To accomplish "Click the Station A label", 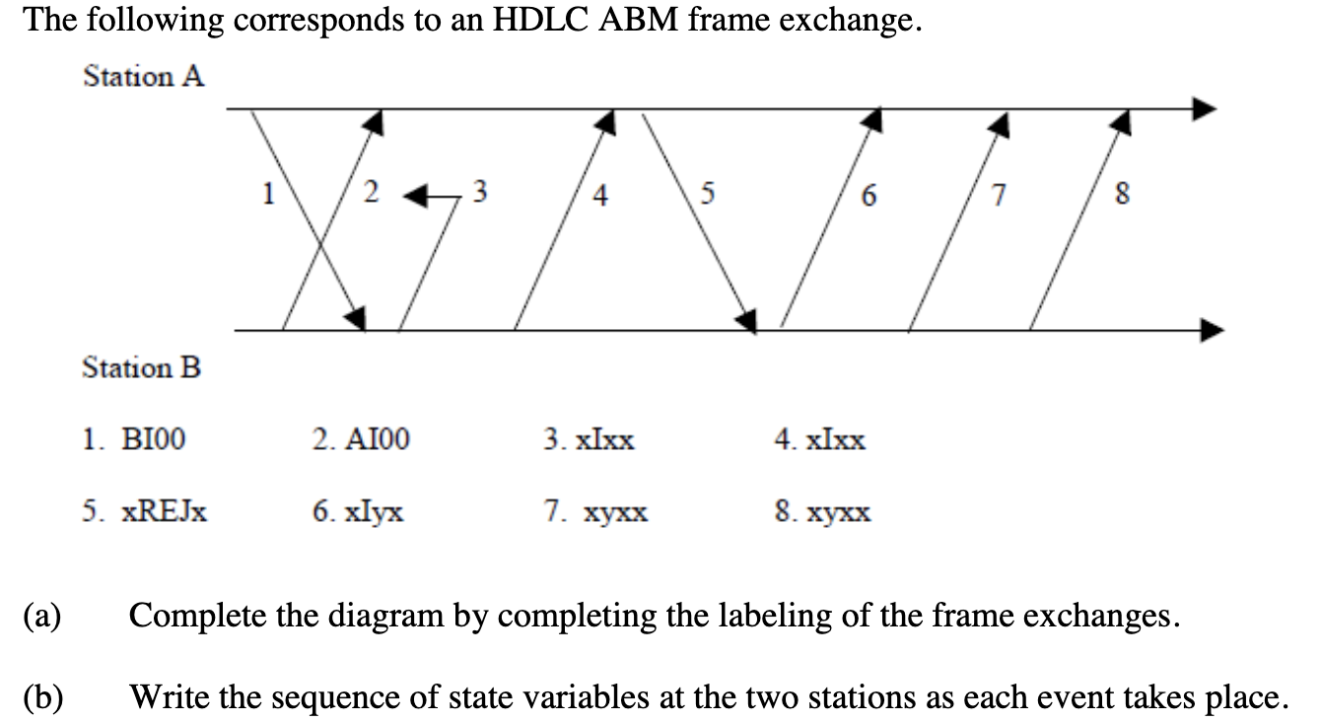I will pos(144,76).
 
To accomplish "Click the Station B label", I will pos(142,368).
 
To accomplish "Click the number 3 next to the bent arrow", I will pos(480,189).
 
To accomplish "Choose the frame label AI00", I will pos(361,439).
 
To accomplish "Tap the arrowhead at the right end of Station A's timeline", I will pos(1205,107).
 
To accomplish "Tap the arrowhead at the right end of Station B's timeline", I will pos(1212,330).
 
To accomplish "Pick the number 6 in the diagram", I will pos(868,194).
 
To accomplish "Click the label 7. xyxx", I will pos(596,512).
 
